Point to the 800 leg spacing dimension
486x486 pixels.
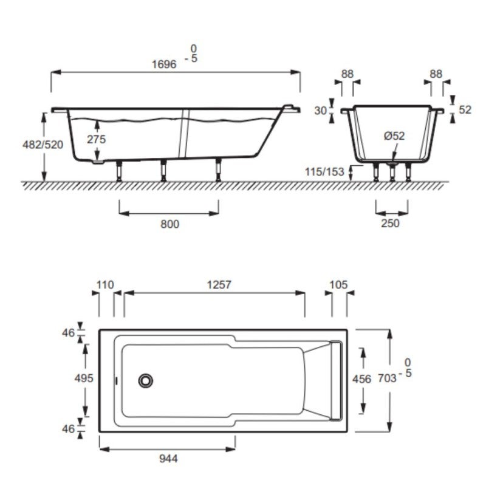pos(169,224)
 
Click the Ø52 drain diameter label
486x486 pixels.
pos(394,136)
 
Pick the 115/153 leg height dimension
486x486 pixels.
pos(324,172)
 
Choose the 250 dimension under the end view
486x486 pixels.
pos(390,223)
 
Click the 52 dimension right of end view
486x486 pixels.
pos(465,110)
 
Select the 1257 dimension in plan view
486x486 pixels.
pos(219,284)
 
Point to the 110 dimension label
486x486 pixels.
pos(106,284)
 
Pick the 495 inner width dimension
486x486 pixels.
pos(84,378)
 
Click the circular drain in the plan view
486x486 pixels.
pos(146,381)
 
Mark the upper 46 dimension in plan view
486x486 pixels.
pos(67,332)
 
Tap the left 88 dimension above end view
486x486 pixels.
pos(347,74)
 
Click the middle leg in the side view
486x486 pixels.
pos(163,171)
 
